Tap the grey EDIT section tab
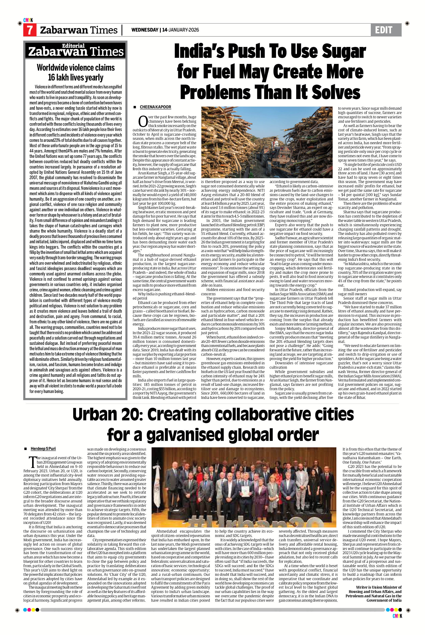tap(386, 30)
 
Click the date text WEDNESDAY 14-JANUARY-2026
tap(165, 30)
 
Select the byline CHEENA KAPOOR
tap(155, 107)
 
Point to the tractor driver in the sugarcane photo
tap(275, 141)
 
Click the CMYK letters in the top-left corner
tap(28, 20)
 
